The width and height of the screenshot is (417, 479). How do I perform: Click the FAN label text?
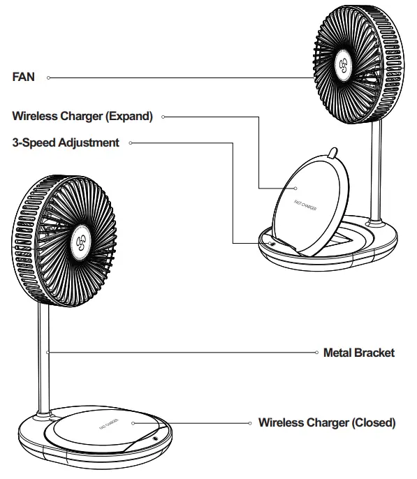24,77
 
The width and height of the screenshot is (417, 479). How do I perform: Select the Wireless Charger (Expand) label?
82,117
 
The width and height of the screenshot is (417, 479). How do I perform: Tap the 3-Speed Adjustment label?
66,142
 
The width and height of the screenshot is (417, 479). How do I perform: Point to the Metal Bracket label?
359,353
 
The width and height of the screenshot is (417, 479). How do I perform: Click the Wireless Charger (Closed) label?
327,422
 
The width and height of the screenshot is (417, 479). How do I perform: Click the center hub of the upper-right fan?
343,68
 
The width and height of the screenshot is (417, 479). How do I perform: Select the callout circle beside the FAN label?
48,78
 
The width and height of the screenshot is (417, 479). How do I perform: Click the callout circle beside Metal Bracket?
315,353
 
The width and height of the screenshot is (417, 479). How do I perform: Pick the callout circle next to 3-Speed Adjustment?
131,142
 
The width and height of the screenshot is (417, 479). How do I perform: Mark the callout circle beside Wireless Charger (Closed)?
250,422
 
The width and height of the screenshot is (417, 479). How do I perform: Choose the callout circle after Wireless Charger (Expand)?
163,117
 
